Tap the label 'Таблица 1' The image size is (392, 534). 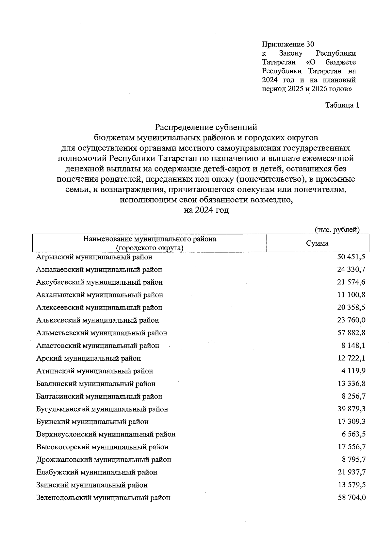(x=342, y=105)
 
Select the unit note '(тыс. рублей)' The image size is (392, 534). (x=337, y=230)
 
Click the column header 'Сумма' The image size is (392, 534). (x=317, y=243)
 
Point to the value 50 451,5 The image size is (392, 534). (x=351, y=257)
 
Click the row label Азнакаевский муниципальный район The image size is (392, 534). (x=99, y=270)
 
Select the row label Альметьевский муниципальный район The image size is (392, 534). (x=102, y=333)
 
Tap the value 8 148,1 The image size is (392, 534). (x=353, y=346)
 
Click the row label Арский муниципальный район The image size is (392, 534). (x=89, y=358)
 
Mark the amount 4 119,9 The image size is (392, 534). (x=353, y=371)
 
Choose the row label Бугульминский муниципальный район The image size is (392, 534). (x=102, y=409)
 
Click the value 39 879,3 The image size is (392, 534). (x=351, y=409)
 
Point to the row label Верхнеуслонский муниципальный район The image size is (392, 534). (x=106, y=435)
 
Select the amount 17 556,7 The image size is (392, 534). (x=351, y=447)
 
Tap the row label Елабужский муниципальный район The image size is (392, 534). (x=97, y=472)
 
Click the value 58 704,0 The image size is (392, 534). (x=351, y=498)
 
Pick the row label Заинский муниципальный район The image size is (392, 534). (x=92, y=485)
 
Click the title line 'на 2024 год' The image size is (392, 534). (x=206, y=210)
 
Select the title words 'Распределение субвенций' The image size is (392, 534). (x=206, y=127)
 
